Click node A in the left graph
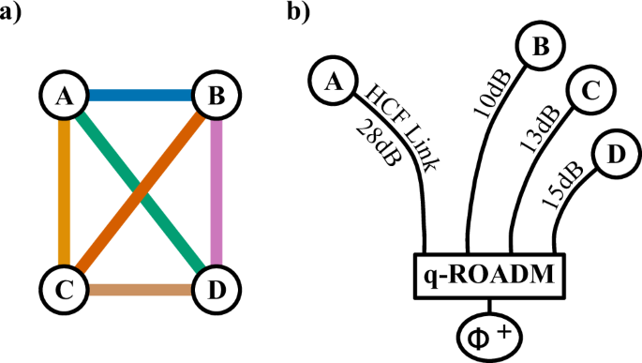64,95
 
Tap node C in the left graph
64,290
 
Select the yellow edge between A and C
64,192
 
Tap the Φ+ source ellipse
490,332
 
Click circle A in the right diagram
331,83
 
